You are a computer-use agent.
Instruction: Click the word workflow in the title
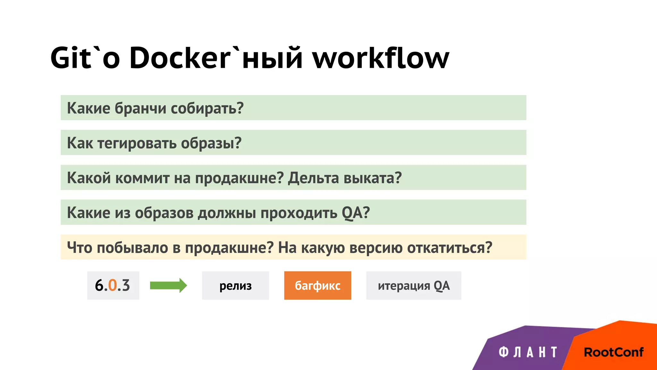[x=381, y=58]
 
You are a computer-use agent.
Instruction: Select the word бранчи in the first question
[x=140, y=108]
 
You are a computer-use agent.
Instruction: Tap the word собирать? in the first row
[x=207, y=108]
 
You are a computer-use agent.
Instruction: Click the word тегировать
[x=137, y=143]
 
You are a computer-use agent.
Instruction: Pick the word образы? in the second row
[x=211, y=143]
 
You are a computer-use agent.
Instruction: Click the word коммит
[x=142, y=178]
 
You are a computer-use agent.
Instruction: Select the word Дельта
[x=313, y=178]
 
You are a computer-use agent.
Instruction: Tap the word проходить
[x=299, y=213]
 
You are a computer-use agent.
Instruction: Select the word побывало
[x=132, y=248]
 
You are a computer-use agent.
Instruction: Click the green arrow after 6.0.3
[x=168, y=286]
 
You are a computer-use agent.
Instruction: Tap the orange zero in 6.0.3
[x=112, y=286]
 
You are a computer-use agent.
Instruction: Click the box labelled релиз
[x=235, y=286]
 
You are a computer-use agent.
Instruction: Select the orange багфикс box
[x=318, y=286]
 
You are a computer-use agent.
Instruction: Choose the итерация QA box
[x=414, y=286]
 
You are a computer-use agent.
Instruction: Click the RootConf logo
[x=613, y=352]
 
